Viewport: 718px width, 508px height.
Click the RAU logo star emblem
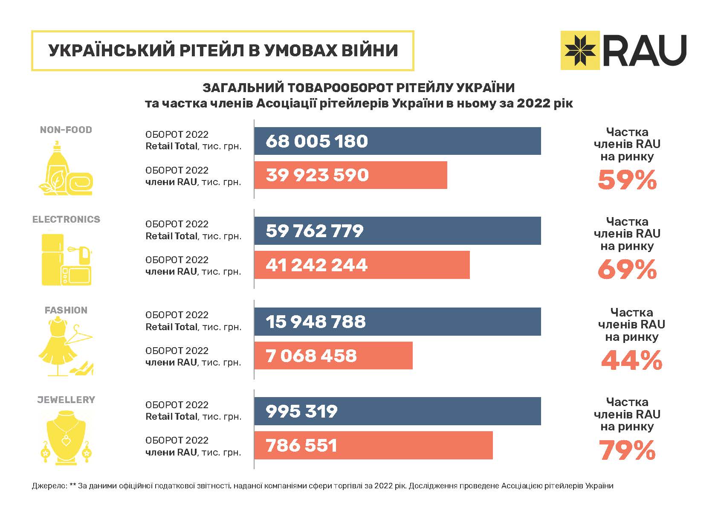pyautogui.click(x=580, y=50)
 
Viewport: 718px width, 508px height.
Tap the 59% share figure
pyautogui.click(x=627, y=180)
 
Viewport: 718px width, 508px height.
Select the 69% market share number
pyautogui.click(x=627, y=270)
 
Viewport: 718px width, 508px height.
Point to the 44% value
pyautogui.click(x=631, y=360)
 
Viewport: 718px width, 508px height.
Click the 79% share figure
pyautogui.click(x=627, y=450)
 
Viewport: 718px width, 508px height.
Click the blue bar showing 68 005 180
pyautogui.click(x=397, y=141)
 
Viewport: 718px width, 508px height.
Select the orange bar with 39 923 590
pyautogui.click(x=350, y=175)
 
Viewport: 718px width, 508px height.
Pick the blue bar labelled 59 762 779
pyautogui.click(x=397, y=231)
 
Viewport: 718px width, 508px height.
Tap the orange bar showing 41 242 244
pyautogui.click(x=362, y=265)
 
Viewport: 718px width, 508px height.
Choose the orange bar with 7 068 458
pyautogui.click(x=333, y=356)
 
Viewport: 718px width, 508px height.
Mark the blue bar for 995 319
pyautogui.click(x=397, y=411)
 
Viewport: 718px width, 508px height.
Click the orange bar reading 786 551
pyautogui.click(x=373, y=445)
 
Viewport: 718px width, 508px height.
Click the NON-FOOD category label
pyautogui.click(x=66, y=130)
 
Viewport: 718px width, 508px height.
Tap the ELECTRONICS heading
pyautogui.click(x=66, y=219)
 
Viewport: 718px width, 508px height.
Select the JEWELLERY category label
pyautogui.click(x=66, y=400)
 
